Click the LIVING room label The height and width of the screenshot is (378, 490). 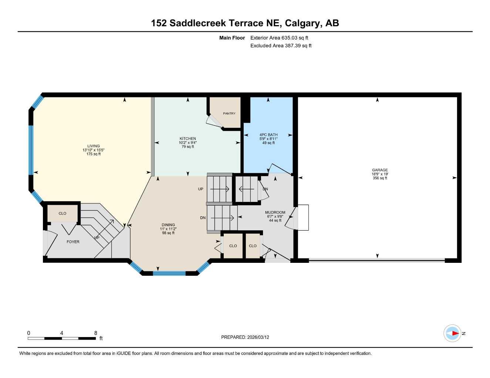(x=93, y=146)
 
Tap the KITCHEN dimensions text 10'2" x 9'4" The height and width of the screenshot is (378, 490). (x=187, y=143)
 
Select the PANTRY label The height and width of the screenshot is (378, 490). (x=229, y=113)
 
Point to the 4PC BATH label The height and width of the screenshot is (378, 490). (x=268, y=135)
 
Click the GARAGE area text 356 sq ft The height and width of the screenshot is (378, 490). (x=380, y=178)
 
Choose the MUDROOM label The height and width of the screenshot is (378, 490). (x=275, y=212)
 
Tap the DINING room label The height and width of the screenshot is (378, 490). (x=168, y=225)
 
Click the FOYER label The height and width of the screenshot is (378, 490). (x=73, y=242)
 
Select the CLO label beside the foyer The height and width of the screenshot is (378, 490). (x=62, y=213)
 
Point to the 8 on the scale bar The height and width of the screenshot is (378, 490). (x=95, y=333)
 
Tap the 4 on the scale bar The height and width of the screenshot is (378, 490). (x=62, y=333)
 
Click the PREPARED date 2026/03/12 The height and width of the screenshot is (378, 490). (x=258, y=337)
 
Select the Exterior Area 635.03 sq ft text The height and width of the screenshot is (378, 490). (x=279, y=38)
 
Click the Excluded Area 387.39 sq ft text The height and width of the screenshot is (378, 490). (x=281, y=46)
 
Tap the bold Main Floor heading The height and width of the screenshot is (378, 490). (x=232, y=38)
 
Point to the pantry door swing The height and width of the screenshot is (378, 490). (x=213, y=121)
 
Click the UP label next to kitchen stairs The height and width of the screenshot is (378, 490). (x=200, y=189)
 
